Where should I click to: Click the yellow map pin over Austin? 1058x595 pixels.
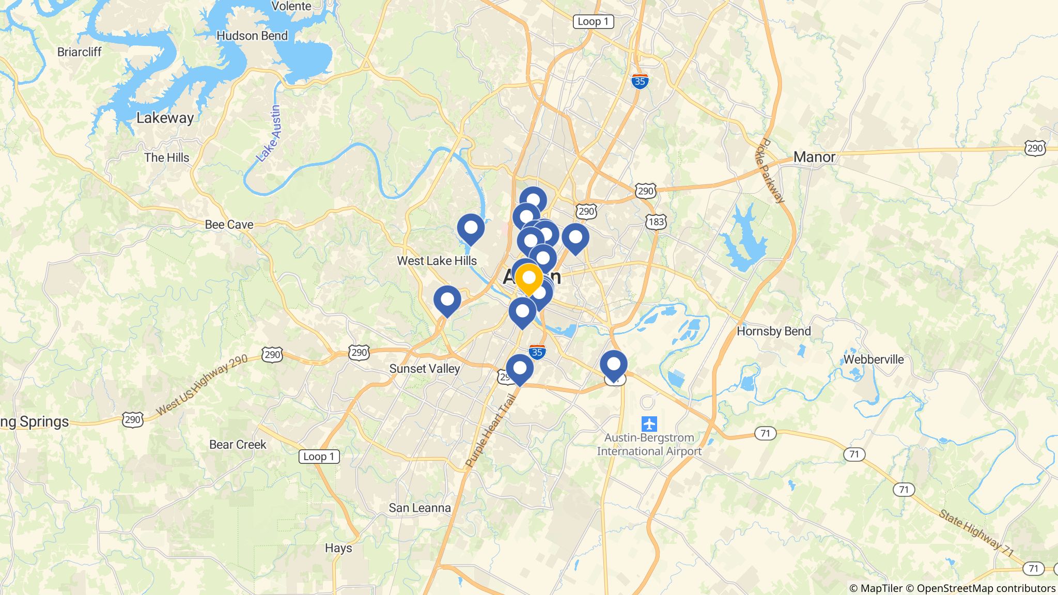(x=529, y=278)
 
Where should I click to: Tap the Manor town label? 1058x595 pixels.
(x=814, y=157)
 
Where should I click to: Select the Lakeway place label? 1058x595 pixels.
(x=165, y=118)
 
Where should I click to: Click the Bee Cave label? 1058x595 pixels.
(x=229, y=225)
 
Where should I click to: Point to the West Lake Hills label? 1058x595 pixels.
(x=437, y=261)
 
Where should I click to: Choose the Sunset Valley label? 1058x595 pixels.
(x=424, y=369)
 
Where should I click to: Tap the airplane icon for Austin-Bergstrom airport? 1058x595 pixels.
(x=649, y=424)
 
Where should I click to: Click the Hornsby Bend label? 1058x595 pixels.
(x=773, y=331)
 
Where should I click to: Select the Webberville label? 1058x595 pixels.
(x=873, y=359)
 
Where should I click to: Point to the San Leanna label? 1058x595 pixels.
(x=419, y=508)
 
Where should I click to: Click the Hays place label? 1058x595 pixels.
(x=338, y=548)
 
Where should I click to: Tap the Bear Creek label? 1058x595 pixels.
(x=238, y=445)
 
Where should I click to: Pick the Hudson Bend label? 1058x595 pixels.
(x=252, y=36)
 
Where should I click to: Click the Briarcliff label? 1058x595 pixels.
(x=80, y=52)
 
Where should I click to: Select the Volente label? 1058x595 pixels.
(x=291, y=6)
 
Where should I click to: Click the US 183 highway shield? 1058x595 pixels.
(x=656, y=222)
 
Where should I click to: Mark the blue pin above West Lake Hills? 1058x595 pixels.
(x=471, y=228)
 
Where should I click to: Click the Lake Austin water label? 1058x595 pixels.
(x=270, y=133)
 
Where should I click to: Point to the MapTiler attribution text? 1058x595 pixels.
(x=876, y=588)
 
